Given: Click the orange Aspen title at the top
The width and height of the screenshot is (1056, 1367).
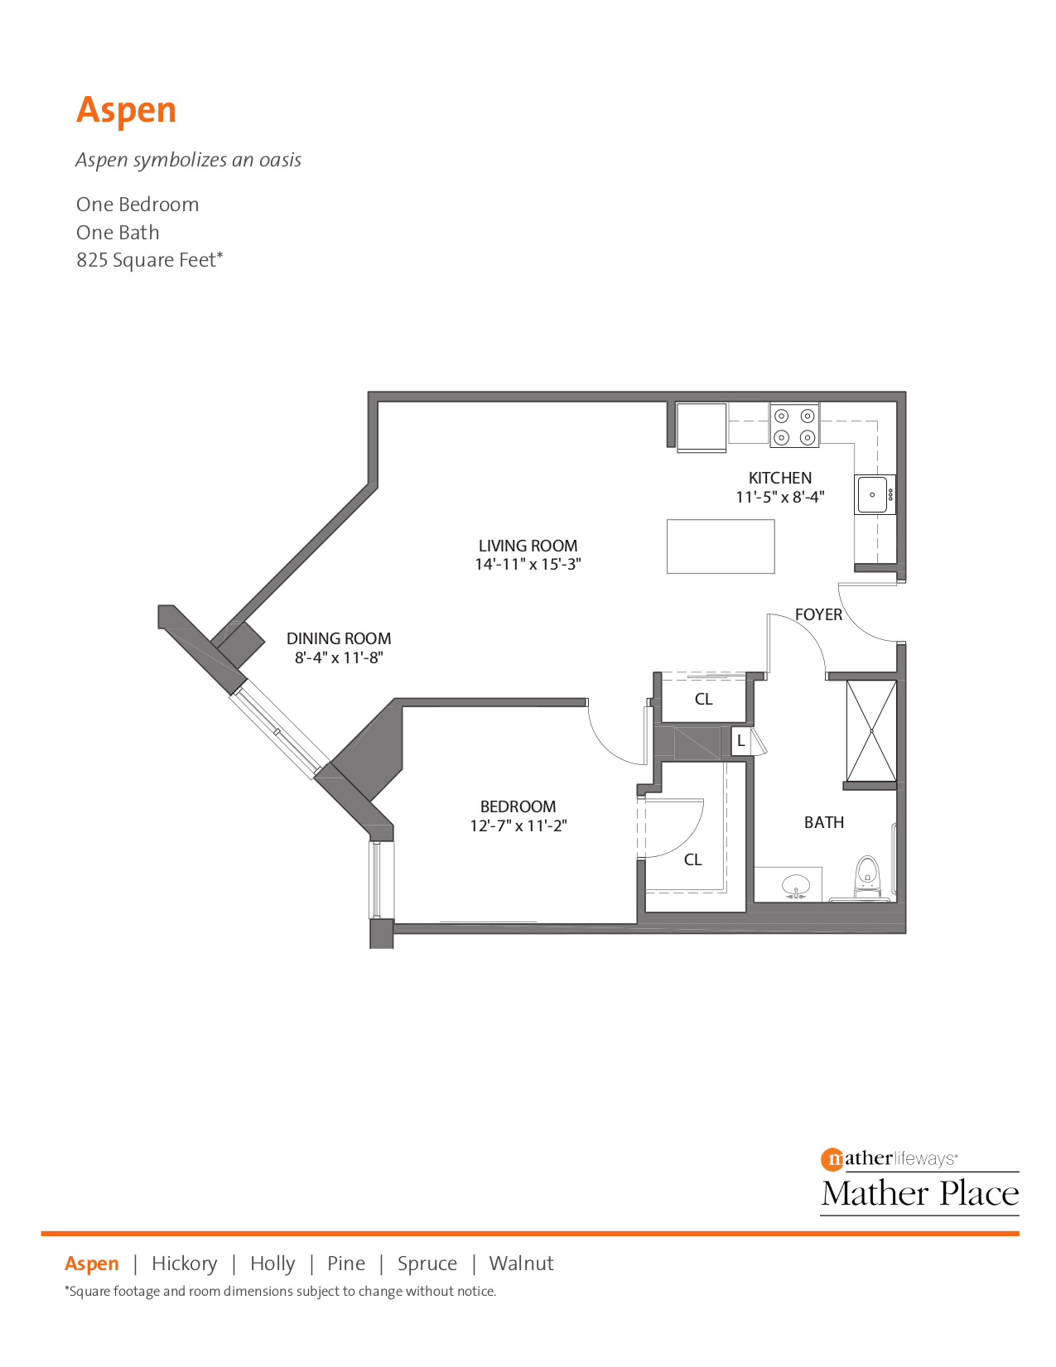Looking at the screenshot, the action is [126, 111].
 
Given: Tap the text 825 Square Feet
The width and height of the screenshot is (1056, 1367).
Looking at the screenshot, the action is [149, 260].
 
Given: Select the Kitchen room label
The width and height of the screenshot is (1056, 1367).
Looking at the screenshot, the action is [779, 478].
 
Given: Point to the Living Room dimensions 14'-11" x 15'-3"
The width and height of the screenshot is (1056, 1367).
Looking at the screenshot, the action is [528, 565].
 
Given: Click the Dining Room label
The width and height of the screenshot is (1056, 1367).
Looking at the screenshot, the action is [339, 638].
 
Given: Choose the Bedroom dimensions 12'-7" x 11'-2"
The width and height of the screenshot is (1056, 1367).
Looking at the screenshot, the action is [518, 825].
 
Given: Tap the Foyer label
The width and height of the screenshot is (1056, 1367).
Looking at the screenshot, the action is [818, 614].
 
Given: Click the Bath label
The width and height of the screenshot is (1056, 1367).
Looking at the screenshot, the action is [824, 822].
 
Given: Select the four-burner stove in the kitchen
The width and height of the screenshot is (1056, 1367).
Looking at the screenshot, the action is [794, 426].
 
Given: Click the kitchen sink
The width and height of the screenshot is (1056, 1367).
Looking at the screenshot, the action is [874, 494].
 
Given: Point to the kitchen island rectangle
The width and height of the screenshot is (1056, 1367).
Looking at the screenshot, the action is [721, 546].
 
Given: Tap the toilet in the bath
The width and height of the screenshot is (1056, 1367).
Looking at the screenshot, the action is [867, 876].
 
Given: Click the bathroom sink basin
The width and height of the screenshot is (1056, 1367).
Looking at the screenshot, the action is [796, 885].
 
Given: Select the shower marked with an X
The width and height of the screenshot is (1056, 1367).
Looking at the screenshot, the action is [871, 730].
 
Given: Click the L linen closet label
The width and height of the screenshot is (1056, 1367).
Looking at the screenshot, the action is [740, 741].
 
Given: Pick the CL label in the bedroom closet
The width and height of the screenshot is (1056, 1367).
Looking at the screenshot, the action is [692, 860].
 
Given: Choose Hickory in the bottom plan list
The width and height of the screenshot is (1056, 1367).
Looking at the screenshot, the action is [185, 1264].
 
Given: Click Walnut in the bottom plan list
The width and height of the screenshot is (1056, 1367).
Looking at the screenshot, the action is [521, 1264].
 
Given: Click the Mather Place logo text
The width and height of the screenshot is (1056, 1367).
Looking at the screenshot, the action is [919, 1193].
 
